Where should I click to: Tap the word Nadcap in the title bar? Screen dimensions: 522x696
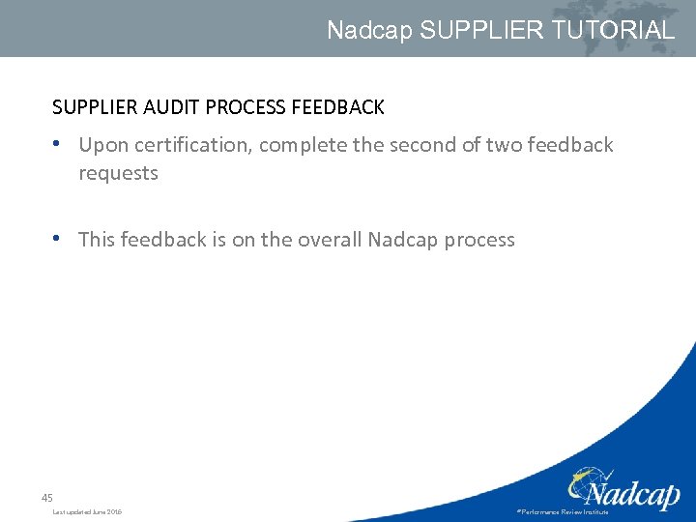click(x=369, y=30)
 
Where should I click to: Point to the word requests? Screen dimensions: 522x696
click(x=118, y=174)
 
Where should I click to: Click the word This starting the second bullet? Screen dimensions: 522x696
click(x=97, y=239)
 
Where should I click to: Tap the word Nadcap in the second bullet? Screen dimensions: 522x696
click(x=402, y=239)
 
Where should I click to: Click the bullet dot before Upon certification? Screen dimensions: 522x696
click(x=59, y=144)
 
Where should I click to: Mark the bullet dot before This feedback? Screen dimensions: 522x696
click(x=59, y=238)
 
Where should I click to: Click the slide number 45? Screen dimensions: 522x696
click(x=46, y=498)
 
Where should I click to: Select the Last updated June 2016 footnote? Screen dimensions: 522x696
click(x=87, y=511)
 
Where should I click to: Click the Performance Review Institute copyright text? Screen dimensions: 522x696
click(x=563, y=511)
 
